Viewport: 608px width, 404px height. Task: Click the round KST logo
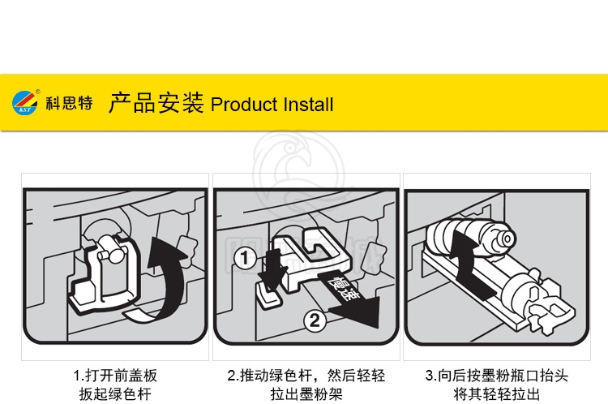[x=24, y=103]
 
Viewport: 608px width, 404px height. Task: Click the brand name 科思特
[x=70, y=103]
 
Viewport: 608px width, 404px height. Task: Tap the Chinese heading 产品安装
[x=156, y=103]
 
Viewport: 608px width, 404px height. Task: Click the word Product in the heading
[x=244, y=105]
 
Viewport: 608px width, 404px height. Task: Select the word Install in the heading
[x=308, y=105]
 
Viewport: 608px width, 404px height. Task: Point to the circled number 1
[x=245, y=257]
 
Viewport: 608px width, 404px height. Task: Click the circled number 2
[x=315, y=320]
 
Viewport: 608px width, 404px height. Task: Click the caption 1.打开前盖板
[x=115, y=376]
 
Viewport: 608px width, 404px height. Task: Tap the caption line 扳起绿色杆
[x=115, y=394]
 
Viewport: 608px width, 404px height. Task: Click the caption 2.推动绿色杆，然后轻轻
[x=306, y=376]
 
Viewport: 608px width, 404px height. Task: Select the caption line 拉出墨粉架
[x=306, y=394]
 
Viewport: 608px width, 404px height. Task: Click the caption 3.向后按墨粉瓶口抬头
[x=497, y=376]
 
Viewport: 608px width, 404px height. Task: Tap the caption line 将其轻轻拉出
[x=497, y=394]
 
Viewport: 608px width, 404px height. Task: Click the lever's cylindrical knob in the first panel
[x=109, y=251]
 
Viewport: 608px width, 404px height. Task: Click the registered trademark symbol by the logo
[x=38, y=92]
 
